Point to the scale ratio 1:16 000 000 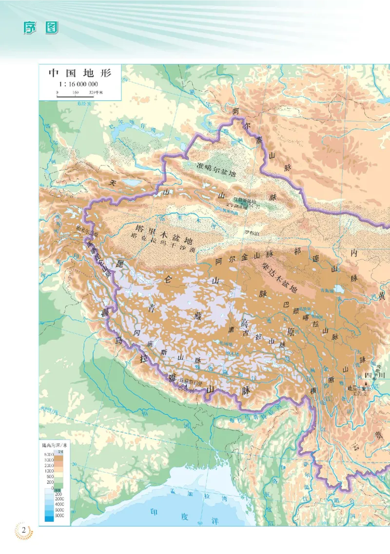pos(79,84)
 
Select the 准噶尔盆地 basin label pos(215,169)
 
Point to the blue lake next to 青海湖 pos(339,289)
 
